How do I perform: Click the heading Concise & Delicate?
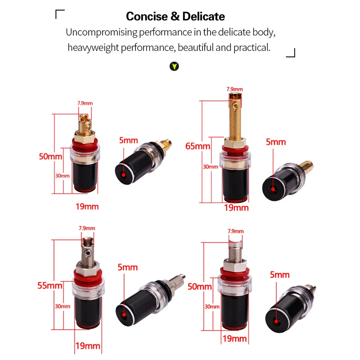tap(175, 16)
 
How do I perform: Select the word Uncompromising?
tap(102, 32)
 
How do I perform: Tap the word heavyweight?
tap(93, 48)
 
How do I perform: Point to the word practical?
tap(252, 48)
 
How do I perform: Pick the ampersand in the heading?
tap(175, 16)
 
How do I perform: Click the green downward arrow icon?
tap(174, 66)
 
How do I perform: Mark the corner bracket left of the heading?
tap(60, 14)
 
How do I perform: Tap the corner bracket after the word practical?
tap(291, 53)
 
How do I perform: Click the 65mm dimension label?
tap(198, 146)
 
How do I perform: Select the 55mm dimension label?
tap(50, 285)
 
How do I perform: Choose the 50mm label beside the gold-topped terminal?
tap(50, 156)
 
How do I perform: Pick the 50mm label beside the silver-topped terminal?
tap(199, 287)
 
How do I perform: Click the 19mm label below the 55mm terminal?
tap(88, 346)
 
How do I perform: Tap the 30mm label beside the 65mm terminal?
tap(210, 166)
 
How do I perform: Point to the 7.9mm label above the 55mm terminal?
tap(87, 228)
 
